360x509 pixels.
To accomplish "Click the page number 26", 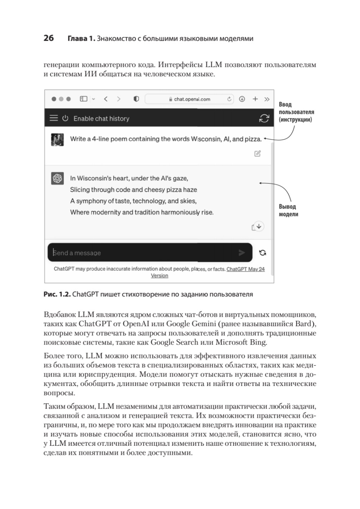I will point(48,39).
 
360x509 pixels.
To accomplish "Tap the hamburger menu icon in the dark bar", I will point(53,118).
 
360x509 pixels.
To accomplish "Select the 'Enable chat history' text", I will point(101,119).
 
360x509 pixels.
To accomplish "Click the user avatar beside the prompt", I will point(57,140).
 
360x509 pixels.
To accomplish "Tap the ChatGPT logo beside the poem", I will point(57,178).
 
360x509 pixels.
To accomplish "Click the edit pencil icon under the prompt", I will point(257,154).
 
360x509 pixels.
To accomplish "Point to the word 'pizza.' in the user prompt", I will point(253,139).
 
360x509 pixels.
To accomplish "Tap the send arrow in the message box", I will point(242,253).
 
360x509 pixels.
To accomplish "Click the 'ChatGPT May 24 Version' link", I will point(246,269).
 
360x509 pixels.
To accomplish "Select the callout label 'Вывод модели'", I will point(288,210).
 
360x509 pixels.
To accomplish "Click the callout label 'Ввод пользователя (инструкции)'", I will point(296,112).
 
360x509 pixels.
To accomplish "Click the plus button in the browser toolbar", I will point(255,99).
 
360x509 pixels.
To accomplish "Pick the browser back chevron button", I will point(106,99).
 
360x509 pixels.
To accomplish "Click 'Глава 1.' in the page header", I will point(81,39).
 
